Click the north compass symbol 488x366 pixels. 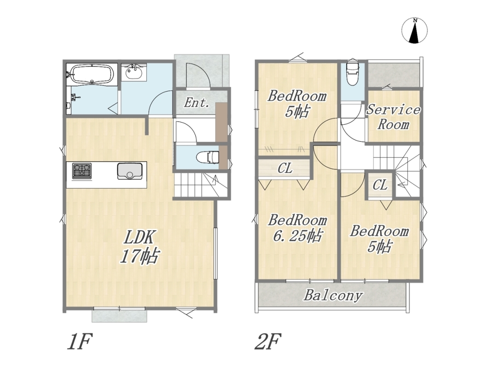[x=414, y=30]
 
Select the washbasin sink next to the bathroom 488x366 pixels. [x=134, y=73]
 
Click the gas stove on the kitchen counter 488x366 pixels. [x=82, y=171]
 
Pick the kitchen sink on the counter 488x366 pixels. [x=129, y=171]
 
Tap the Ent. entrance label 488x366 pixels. [x=196, y=103]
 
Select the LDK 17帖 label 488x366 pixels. [x=139, y=247]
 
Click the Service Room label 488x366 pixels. [x=393, y=117]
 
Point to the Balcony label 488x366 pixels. [x=333, y=296]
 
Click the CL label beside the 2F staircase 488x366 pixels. [x=380, y=185]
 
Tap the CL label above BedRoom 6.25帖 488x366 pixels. [x=285, y=168]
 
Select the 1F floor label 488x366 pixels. [x=80, y=342]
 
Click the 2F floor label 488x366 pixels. [x=268, y=342]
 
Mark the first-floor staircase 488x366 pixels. [x=201, y=185]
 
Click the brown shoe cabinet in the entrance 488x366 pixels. [x=221, y=135]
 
